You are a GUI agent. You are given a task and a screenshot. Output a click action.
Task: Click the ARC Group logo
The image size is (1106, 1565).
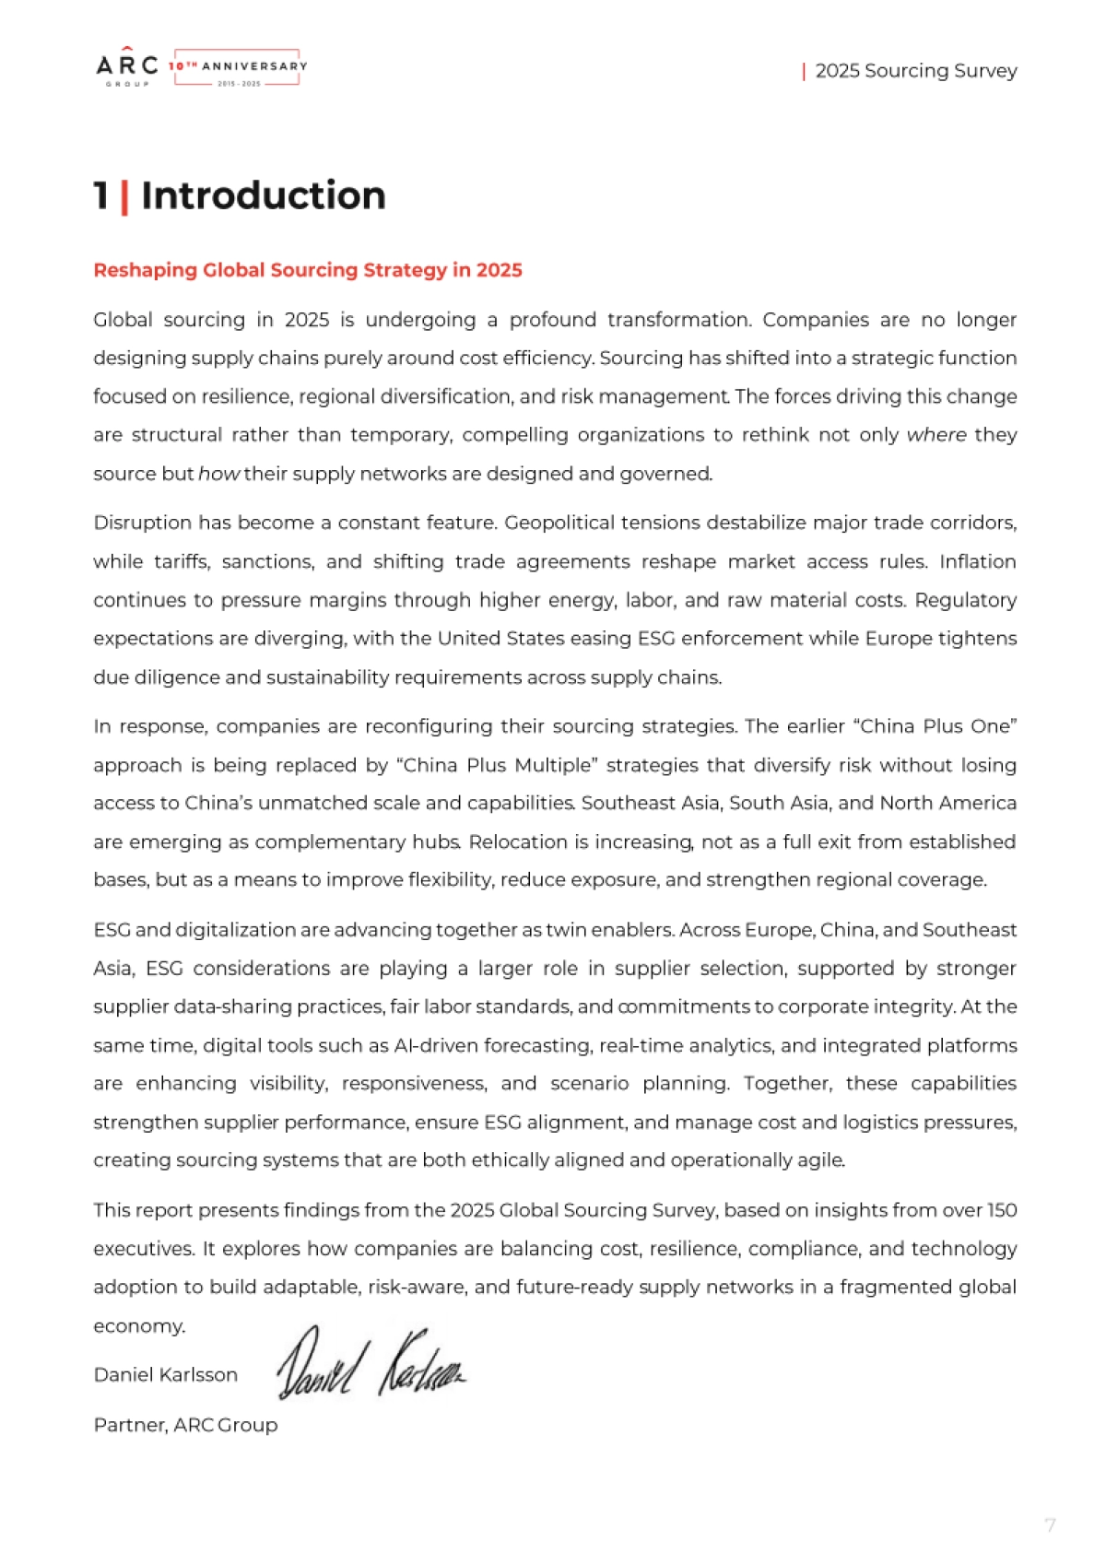(127, 68)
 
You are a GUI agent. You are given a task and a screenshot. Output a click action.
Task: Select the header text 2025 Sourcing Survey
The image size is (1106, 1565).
(915, 71)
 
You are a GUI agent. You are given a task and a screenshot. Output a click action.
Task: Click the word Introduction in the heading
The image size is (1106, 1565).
(263, 196)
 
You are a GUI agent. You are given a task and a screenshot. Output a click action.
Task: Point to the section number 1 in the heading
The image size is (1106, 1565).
(101, 196)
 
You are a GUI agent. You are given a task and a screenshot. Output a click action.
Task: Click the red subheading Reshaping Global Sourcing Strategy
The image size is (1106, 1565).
(307, 270)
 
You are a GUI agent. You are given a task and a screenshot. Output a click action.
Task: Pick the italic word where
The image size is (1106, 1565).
(936, 435)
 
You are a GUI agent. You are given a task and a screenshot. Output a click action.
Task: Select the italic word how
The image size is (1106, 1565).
(219, 474)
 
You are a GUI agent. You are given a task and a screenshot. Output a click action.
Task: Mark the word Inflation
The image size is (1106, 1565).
(978, 561)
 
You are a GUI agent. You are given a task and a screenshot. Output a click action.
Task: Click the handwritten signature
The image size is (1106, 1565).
(371, 1363)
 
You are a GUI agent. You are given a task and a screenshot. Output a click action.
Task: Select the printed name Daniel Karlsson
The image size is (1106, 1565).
(165, 1375)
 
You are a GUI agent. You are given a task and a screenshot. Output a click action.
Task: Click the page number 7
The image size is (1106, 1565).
(1050, 1525)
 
